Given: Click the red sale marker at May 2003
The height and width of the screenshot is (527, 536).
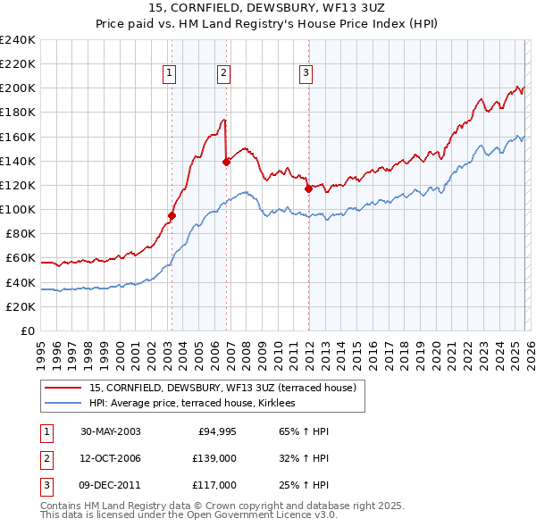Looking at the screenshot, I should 172,214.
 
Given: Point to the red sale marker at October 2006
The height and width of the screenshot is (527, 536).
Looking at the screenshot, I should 226,162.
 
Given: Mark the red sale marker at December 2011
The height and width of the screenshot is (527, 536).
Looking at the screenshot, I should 308,188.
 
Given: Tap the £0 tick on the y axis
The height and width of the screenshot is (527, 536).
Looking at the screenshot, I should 27,330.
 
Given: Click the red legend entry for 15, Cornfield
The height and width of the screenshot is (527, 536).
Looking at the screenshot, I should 222,388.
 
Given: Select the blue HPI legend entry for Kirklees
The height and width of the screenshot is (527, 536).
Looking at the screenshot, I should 197,404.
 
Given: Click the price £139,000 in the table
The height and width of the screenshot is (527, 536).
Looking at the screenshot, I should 214,459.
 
